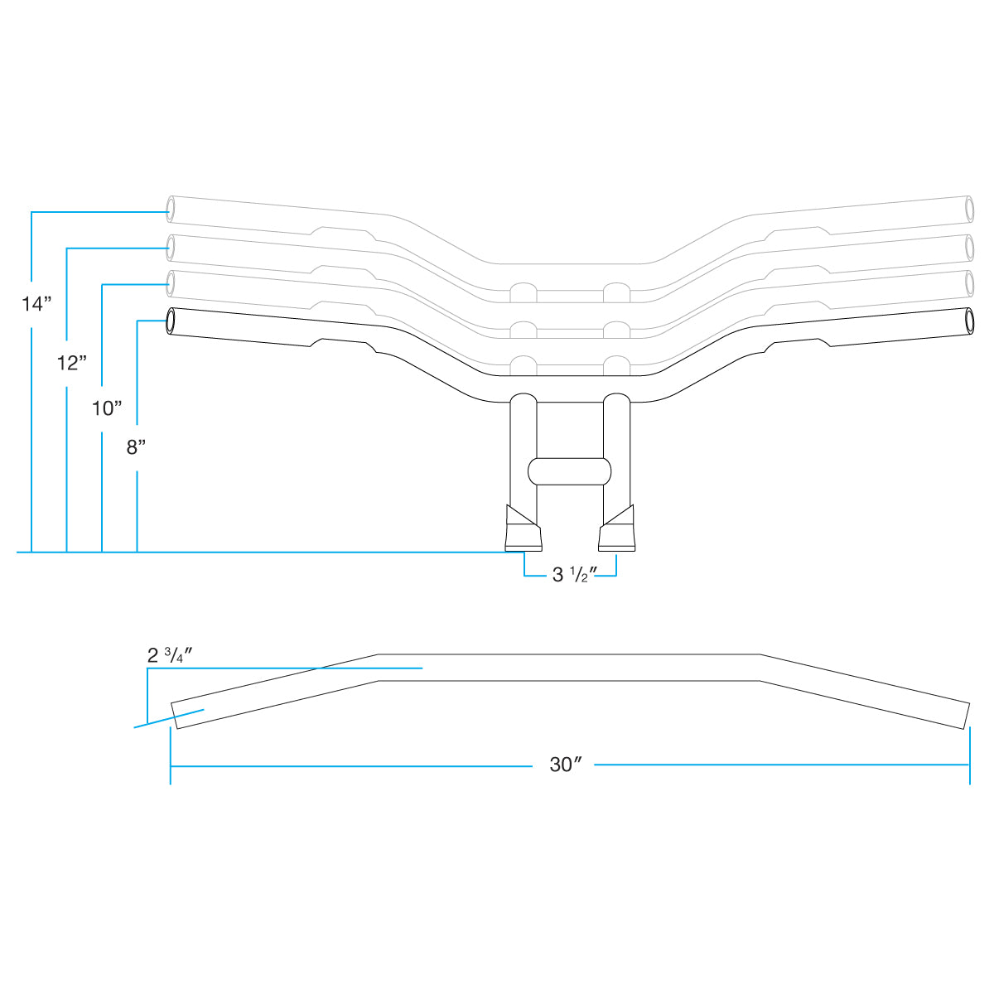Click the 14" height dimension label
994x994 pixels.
click(x=36, y=303)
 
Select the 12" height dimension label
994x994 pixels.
click(x=72, y=362)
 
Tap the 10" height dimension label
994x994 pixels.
click(x=107, y=408)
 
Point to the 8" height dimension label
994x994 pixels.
click(x=137, y=447)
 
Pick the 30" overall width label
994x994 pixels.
click(x=563, y=765)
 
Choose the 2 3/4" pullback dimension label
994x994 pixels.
click(x=170, y=656)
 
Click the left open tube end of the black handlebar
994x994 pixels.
click(x=171, y=321)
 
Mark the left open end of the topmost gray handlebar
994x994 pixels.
click(x=171, y=210)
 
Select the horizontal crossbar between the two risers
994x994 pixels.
click(x=570, y=470)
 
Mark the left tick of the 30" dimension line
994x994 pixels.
click(x=171, y=765)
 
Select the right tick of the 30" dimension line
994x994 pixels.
click(x=969, y=765)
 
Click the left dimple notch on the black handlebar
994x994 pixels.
click(x=316, y=343)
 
